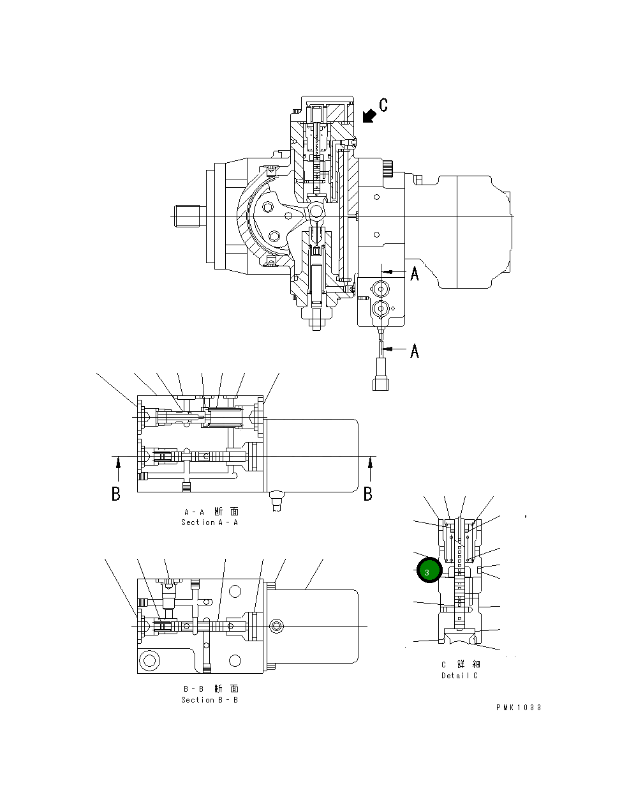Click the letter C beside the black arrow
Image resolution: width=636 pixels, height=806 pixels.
(383, 105)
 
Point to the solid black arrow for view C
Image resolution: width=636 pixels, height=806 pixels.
(368, 116)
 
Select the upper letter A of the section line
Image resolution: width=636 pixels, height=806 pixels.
(415, 274)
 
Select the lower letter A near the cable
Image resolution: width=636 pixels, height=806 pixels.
(415, 351)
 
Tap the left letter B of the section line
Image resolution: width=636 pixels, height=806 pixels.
(115, 494)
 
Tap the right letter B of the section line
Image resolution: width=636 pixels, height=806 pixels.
(368, 494)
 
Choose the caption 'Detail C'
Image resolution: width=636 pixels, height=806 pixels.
(459, 676)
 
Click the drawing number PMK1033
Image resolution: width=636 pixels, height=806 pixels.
(519, 708)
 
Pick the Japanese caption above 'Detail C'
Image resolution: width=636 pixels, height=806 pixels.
(461, 665)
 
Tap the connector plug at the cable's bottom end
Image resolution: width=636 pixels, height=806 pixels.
(381, 382)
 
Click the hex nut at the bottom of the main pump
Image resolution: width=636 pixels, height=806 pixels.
(317, 322)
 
